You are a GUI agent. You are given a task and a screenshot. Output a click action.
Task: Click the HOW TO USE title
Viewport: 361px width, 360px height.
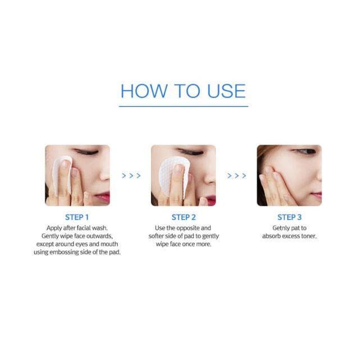tap(183, 91)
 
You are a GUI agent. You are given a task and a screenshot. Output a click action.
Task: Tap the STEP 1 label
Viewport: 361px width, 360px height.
tap(77, 217)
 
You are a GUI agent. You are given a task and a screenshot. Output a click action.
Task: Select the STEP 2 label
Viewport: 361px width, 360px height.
tap(184, 217)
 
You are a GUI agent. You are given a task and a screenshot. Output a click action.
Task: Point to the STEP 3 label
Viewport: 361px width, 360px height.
tap(289, 217)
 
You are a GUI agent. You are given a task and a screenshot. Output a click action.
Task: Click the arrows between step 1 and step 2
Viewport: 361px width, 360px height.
tap(131, 176)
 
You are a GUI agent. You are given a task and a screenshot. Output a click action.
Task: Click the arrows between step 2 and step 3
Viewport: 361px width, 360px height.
tap(237, 176)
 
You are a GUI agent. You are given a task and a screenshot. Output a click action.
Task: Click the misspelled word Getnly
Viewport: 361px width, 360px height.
tap(281, 228)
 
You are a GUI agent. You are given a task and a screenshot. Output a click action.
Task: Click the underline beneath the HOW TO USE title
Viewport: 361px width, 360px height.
tap(184, 107)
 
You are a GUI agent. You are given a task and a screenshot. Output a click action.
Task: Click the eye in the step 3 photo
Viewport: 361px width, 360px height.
tap(304, 151)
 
